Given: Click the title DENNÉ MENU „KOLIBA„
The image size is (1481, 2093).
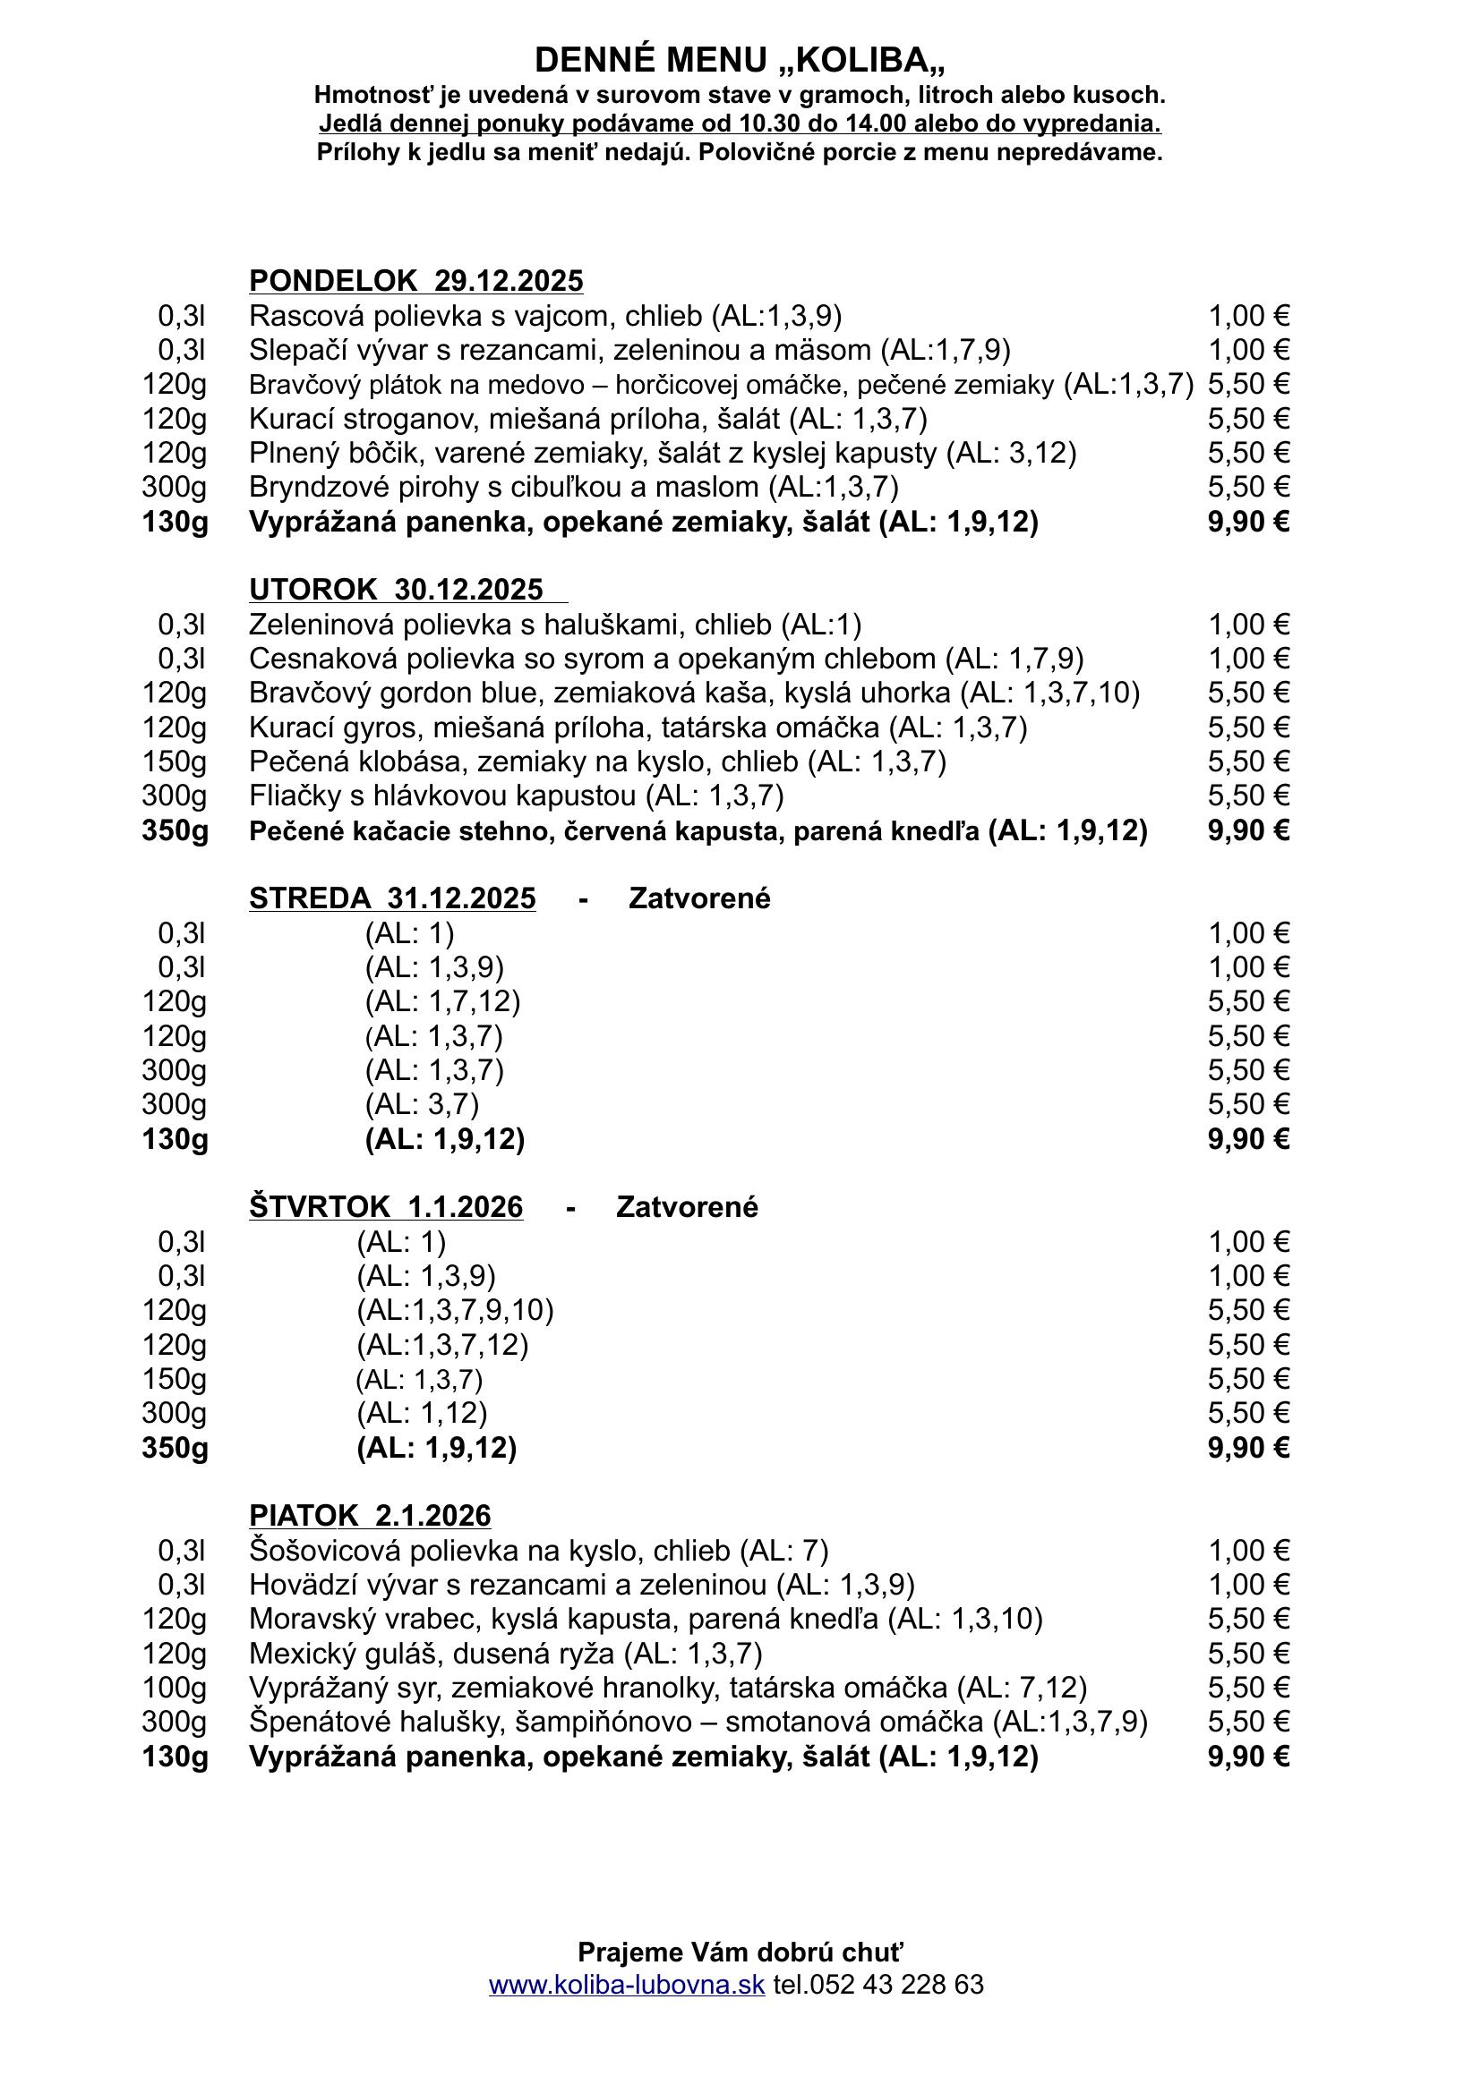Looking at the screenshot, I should (x=740, y=60).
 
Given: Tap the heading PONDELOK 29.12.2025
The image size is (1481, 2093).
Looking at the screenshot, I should (x=415, y=281).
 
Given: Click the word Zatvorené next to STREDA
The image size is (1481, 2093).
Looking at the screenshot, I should (x=699, y=898).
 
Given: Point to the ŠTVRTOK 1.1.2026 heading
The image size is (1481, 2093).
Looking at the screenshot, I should (x=386, y=1208).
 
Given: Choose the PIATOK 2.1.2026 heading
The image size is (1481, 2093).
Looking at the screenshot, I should (x=369, y=1516).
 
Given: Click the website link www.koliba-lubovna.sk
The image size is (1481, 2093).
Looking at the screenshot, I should (x=627, y=1985).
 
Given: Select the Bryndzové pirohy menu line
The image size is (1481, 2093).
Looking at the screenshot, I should (x=574, y=488).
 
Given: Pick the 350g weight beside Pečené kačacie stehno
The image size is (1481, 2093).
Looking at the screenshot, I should (x=175, y=831).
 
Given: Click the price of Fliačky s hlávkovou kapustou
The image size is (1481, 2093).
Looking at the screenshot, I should (x=1248, y=796).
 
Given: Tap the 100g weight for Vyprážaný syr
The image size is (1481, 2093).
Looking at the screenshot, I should (x=175, y=1689).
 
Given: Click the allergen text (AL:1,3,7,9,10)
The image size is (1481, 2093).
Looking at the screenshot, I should (x=455, y=1311).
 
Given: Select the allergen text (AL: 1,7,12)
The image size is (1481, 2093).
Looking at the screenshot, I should (x=442, y=1002).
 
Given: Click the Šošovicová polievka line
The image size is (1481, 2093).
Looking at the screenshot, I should (x=538, y=1551).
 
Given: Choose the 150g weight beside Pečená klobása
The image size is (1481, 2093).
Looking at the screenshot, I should (x=175, y=762).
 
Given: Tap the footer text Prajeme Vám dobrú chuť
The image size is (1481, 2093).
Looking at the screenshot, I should (x=740, y=1953).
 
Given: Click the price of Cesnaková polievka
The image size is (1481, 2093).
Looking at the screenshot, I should (x=1248, y=659).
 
